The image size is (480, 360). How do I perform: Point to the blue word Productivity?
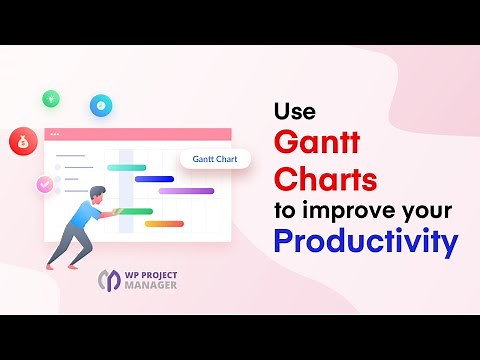coord(366,242)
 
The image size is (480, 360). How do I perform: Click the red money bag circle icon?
coord(21,141)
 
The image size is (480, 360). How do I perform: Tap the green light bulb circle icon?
coord(50,98)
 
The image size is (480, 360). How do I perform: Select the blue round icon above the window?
coord(100,103)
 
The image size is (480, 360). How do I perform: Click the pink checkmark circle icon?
coord(44,185)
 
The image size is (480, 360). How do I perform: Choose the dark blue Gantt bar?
coord(154,179)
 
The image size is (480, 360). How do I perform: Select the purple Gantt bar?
coord(186,190)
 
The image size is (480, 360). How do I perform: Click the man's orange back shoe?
coord(51,262)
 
